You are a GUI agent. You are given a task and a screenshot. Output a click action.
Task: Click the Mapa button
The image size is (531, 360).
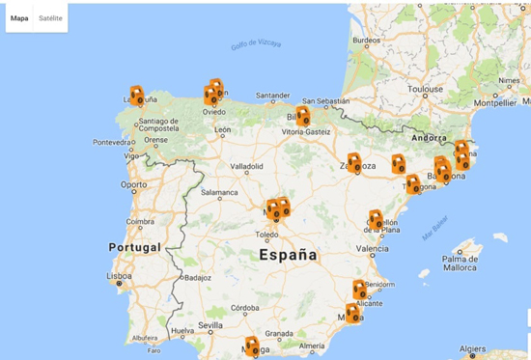point(19,17)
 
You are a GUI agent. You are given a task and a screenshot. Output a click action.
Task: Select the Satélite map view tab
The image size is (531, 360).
point(50,17)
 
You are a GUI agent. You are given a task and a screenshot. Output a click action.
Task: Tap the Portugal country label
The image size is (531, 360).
point(133,247)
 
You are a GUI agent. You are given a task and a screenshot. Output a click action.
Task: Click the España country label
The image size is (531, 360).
point(288,256)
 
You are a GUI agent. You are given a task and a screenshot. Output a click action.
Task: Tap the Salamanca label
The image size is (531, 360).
point(218,193)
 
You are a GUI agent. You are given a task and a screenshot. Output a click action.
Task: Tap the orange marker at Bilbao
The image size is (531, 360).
point(303,116)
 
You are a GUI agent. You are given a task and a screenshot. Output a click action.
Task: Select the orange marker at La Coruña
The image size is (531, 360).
point(137,96)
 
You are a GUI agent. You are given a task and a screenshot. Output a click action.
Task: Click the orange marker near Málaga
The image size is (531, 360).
point(252,346)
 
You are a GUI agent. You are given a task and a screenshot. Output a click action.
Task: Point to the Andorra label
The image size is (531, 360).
point(429,138)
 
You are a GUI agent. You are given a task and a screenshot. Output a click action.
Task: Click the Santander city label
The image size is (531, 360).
point(272,96)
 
